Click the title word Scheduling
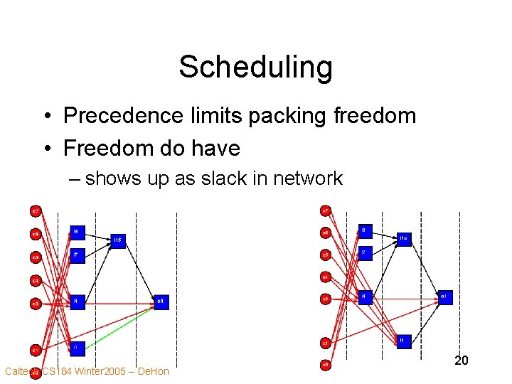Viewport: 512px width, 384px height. point(255,68)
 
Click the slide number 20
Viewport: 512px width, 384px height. point(461,361)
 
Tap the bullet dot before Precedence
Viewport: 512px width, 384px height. point(44,116)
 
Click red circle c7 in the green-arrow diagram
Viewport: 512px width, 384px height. point(35,210)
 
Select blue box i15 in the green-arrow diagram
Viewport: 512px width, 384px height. point(118,241)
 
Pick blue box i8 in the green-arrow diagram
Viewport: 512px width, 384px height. point(77,233)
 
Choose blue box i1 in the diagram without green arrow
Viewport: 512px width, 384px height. point(402,341)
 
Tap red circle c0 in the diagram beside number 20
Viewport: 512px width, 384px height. point(325,365)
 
